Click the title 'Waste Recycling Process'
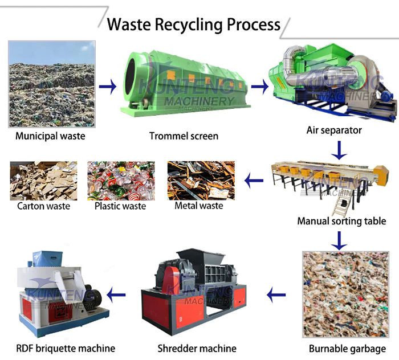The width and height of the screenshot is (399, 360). click(x=194, y=24)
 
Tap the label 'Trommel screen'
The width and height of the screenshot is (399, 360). click(x=184, y=136)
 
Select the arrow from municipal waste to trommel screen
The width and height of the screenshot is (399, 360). click(x=107, y=87)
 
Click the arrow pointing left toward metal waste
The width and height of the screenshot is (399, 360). click(x=254, y=182)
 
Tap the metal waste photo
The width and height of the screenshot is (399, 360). click(x=200, y=180)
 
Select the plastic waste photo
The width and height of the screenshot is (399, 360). click(x=121, y=180)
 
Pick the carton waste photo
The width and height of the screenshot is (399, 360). click(x=43, y=180)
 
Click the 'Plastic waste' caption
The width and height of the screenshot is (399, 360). click(x=121, y=206)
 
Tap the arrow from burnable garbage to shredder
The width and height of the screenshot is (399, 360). click(x=276, y=295)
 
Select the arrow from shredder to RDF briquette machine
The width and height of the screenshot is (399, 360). click(x=117, y=295)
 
